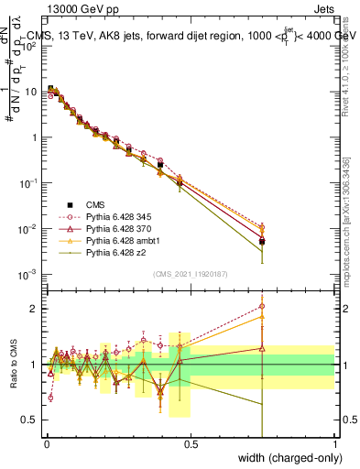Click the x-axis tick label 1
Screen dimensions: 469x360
pos(334,443)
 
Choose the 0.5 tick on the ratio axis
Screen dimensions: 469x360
pos(30,420)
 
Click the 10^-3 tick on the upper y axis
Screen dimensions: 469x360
pos(27,274)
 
